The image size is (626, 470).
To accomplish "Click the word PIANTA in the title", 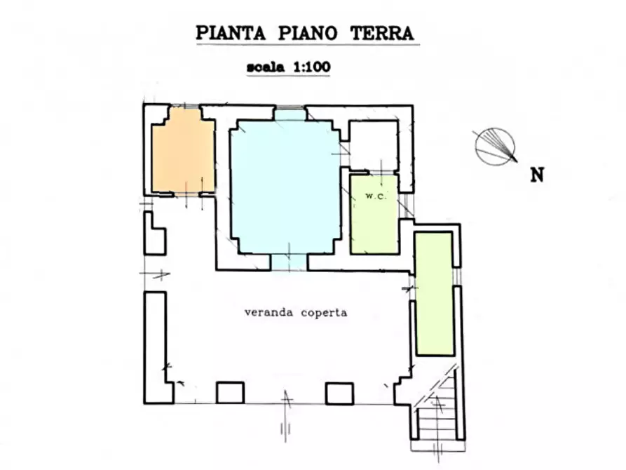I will coord(229,33).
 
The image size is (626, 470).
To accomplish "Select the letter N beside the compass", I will coord(537,175).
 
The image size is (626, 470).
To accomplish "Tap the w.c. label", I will coord(373,196).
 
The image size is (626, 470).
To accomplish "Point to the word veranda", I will coord(269,312).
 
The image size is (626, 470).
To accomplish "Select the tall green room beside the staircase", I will coord(433,293).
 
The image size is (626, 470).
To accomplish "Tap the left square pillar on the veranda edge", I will coord(230,393).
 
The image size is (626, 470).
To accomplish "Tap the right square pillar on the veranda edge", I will coord(339,393).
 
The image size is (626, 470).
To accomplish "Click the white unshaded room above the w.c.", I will coord(374,145).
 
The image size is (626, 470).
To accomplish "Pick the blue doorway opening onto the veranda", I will coord(289,262).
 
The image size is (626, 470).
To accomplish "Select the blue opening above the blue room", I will coord(288,114).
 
